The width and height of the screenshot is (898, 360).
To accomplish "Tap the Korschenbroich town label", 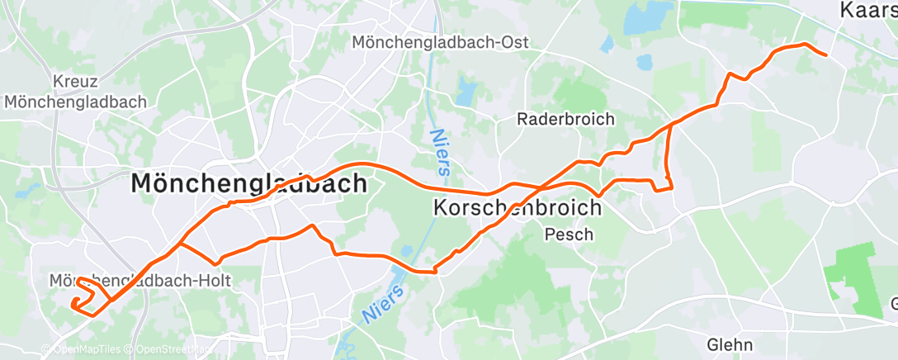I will pyautogui.click(x=517, y=209).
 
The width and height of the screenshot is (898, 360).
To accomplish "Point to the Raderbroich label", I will pyautogui.click(x=565, y=119).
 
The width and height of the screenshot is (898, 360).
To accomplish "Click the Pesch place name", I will pyautogui.click(x=569, y=234).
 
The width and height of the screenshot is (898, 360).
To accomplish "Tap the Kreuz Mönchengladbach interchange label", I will pyautogui.click(x=75, y=92).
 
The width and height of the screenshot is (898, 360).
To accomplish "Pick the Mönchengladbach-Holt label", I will pyautogui.click(x=140, y=282).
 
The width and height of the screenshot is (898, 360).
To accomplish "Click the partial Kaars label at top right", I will pyautogui.click(x=867, y=10).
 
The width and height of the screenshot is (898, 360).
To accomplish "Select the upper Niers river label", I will pyautogui.click(x=441, y=153).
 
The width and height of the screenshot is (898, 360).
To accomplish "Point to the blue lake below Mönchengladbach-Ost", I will pyautogui.click(x=466, y=91).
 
